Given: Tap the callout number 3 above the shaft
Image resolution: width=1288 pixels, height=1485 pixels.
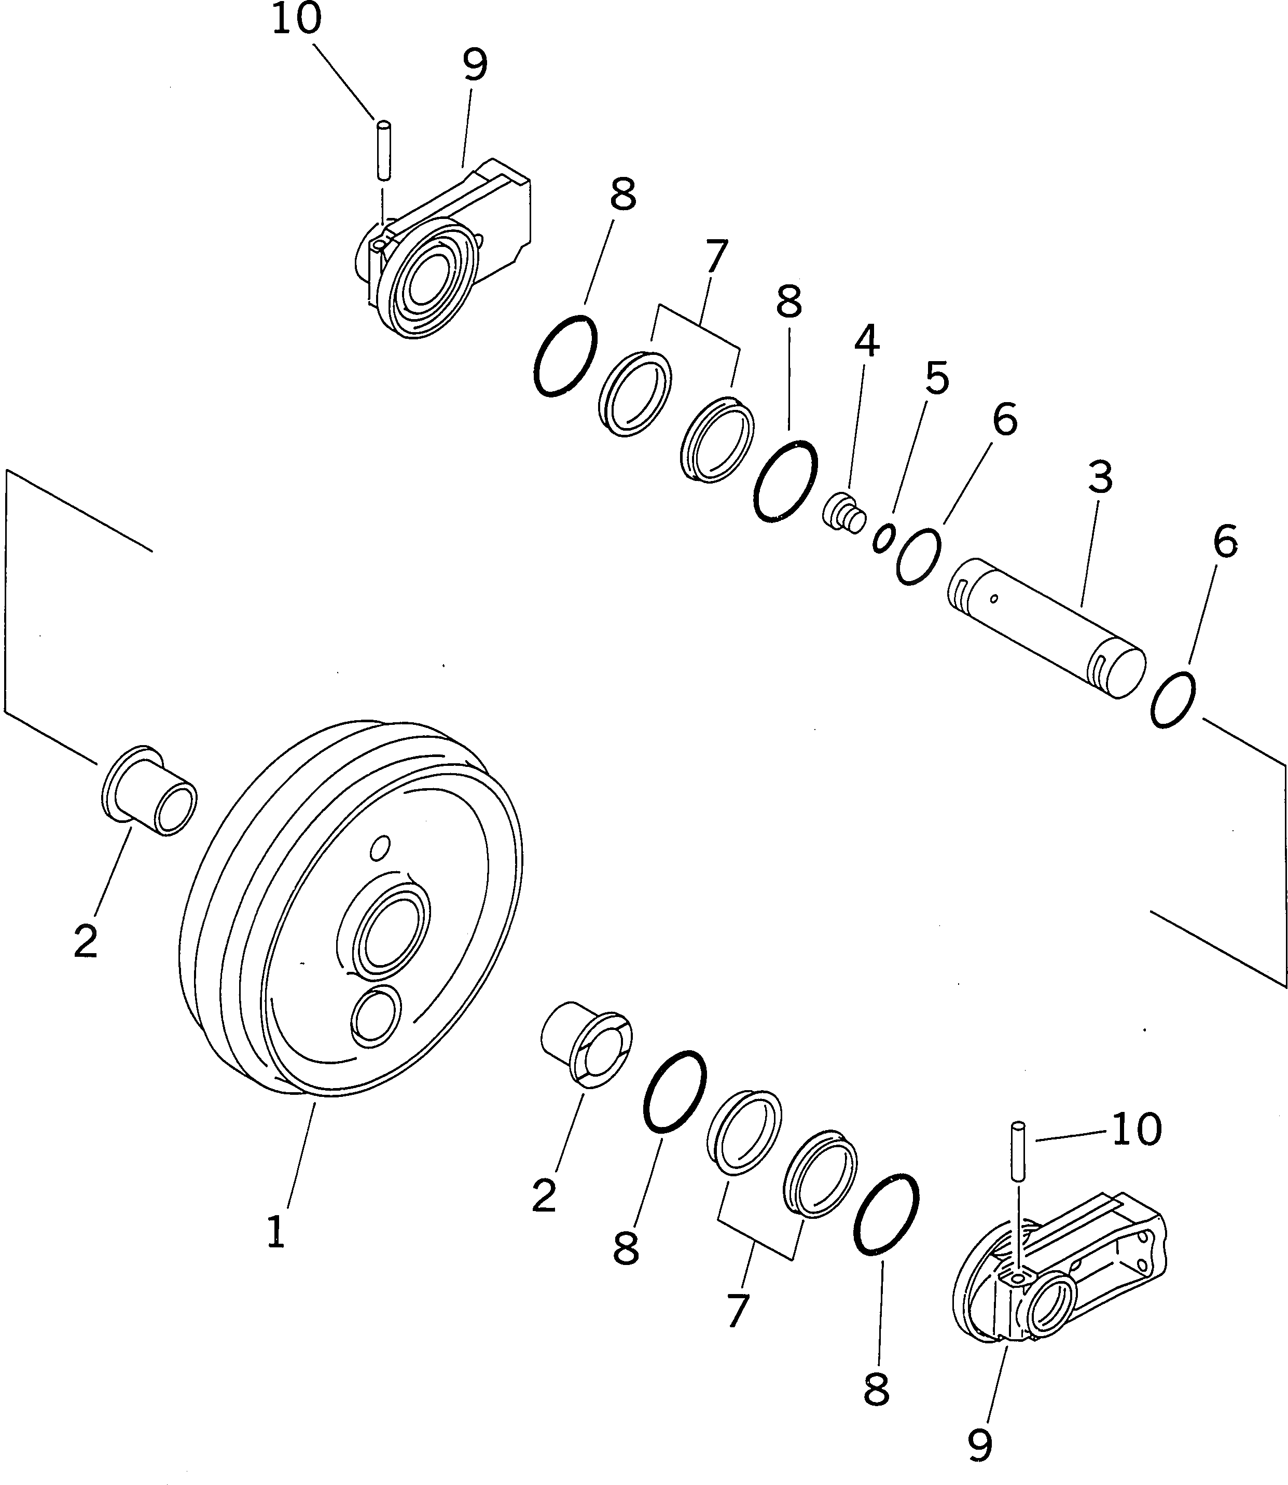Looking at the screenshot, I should click(x=1100, y=477).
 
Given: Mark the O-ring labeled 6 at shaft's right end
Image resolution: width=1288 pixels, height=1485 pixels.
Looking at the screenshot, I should click(x=1173, y=699).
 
